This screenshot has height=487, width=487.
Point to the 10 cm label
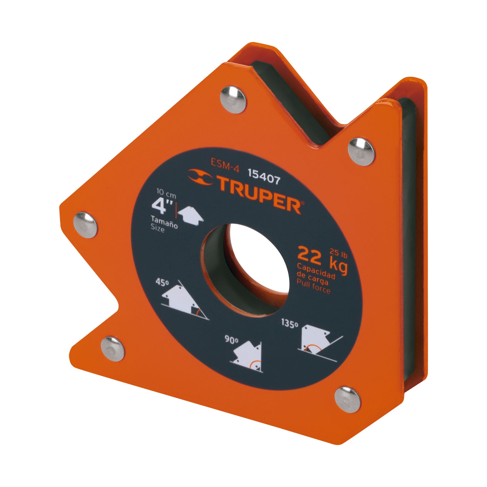point(166,194)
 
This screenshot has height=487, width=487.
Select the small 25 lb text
point(338,254)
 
